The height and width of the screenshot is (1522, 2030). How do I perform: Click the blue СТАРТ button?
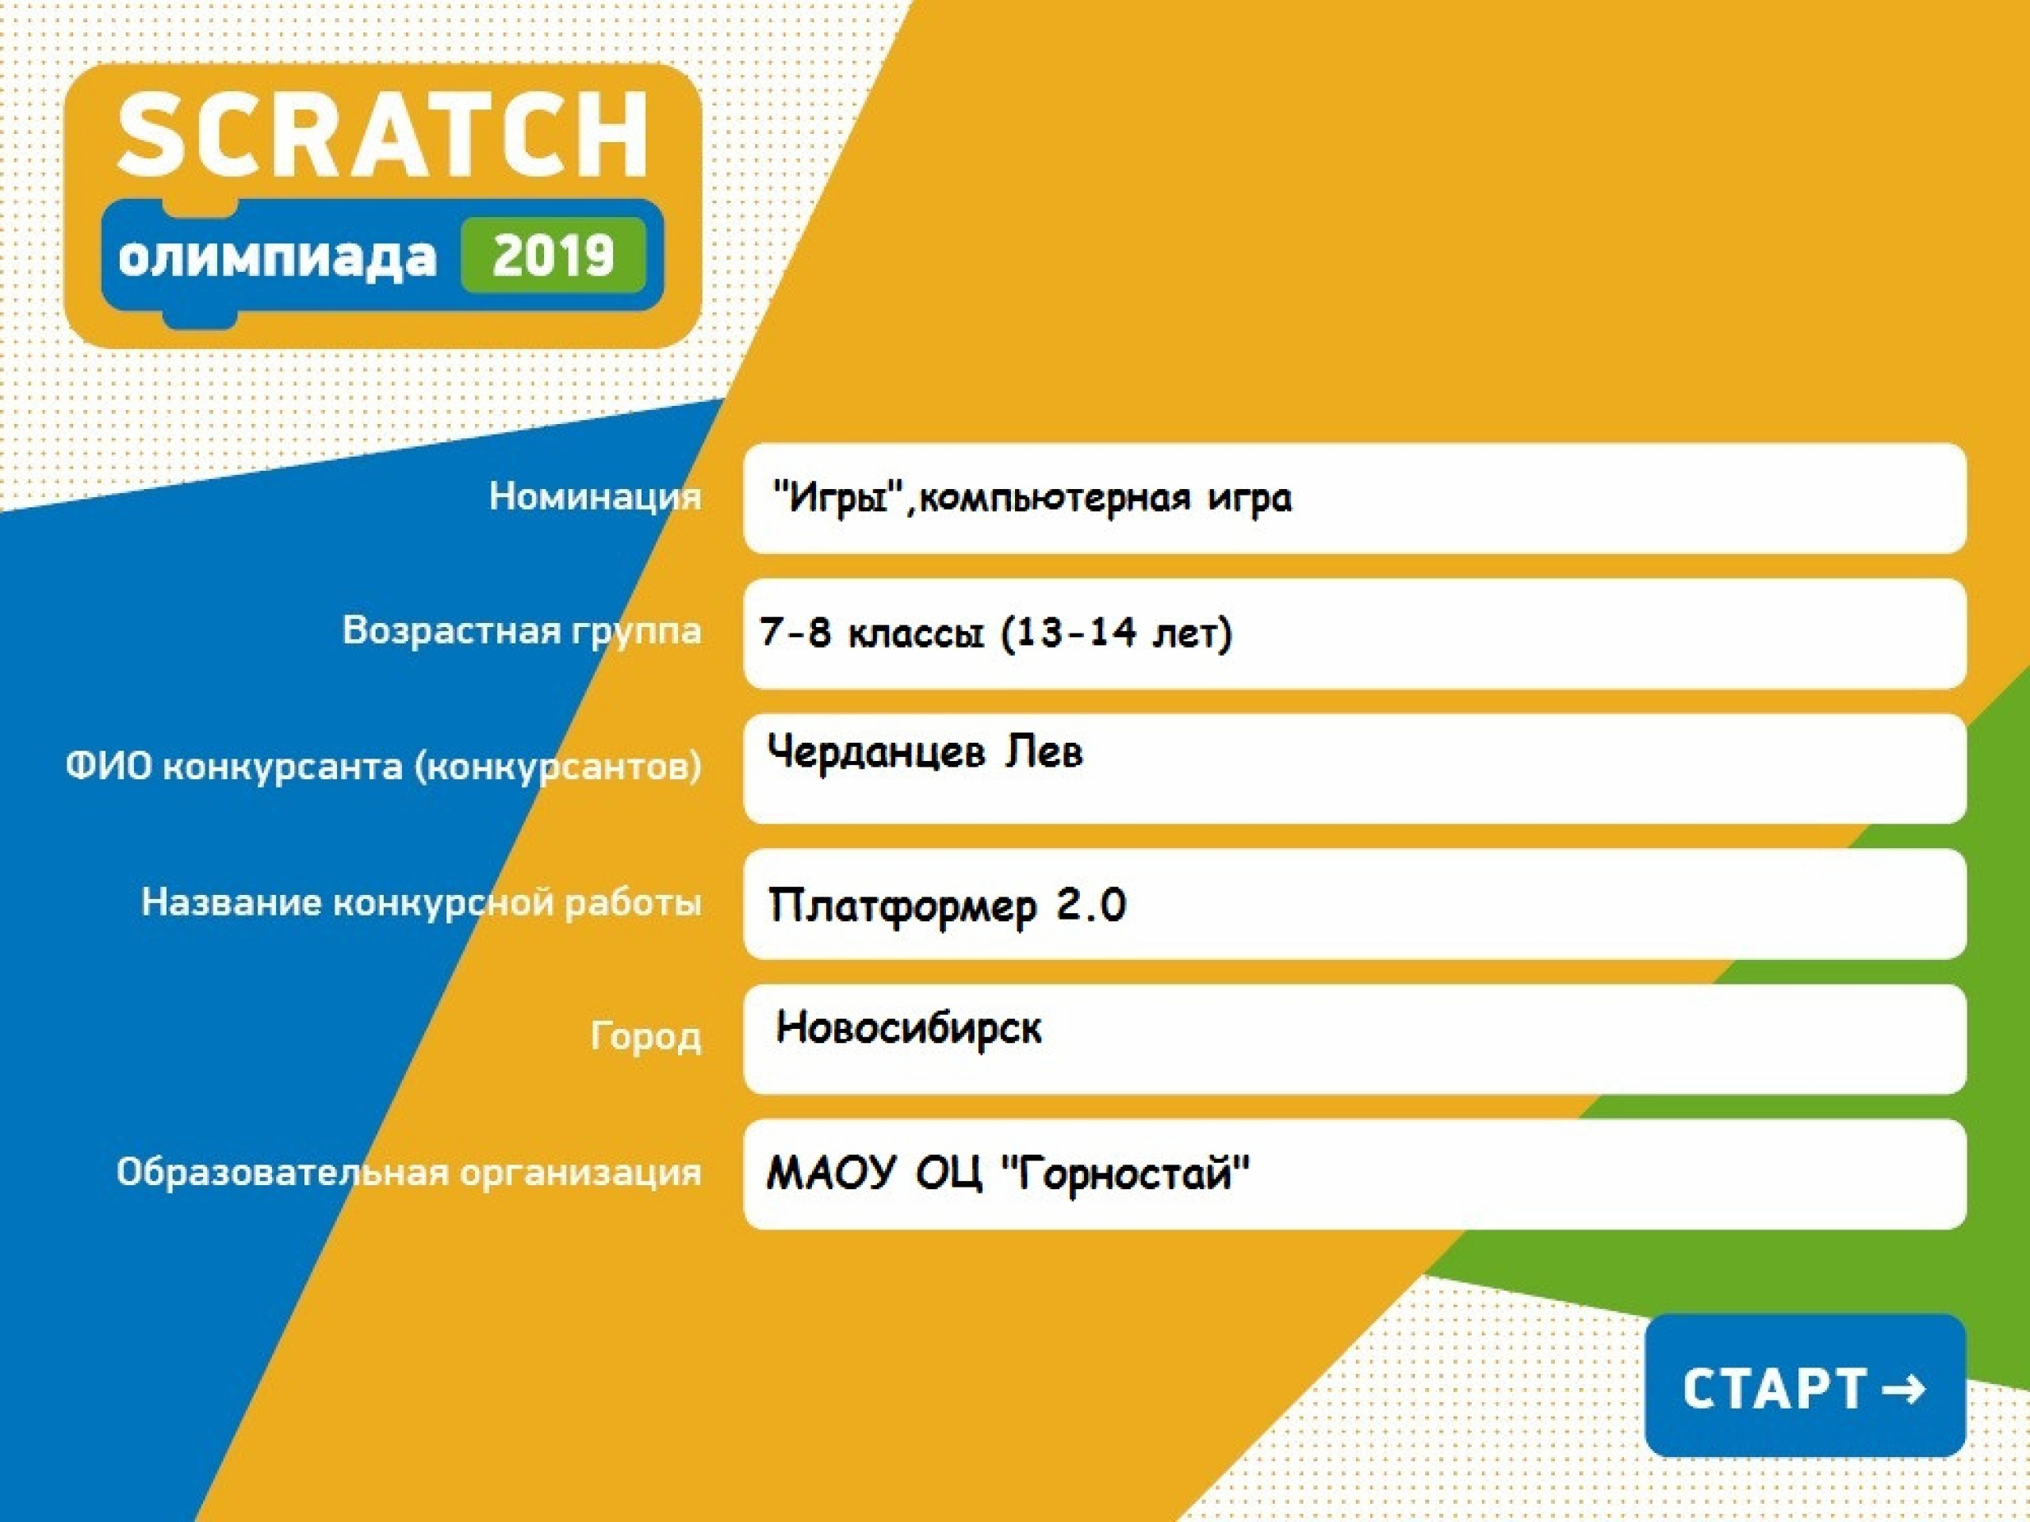(x=1805, y=1386)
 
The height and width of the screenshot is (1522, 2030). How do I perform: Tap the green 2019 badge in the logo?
(x=553, y=256)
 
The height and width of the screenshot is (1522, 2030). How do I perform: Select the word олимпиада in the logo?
(x=278, y=257)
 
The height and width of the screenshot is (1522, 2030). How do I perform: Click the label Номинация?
(x=595, y=496)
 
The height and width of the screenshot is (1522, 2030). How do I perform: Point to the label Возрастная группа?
(x=521, y=631)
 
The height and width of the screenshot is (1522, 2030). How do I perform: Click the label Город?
(x=646, y=1037)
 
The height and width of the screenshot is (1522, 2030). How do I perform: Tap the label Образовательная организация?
(x=408, y=1172)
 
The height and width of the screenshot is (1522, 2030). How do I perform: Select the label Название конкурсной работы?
(x=421, y=902)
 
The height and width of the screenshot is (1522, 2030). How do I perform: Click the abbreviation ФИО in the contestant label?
(x=109, y=766)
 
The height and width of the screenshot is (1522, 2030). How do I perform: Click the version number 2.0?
(x=1090, y=904)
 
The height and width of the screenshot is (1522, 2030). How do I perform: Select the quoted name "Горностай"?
(x=1122, y=1173)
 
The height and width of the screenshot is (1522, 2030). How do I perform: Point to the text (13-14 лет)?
(x=1116, y=633)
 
